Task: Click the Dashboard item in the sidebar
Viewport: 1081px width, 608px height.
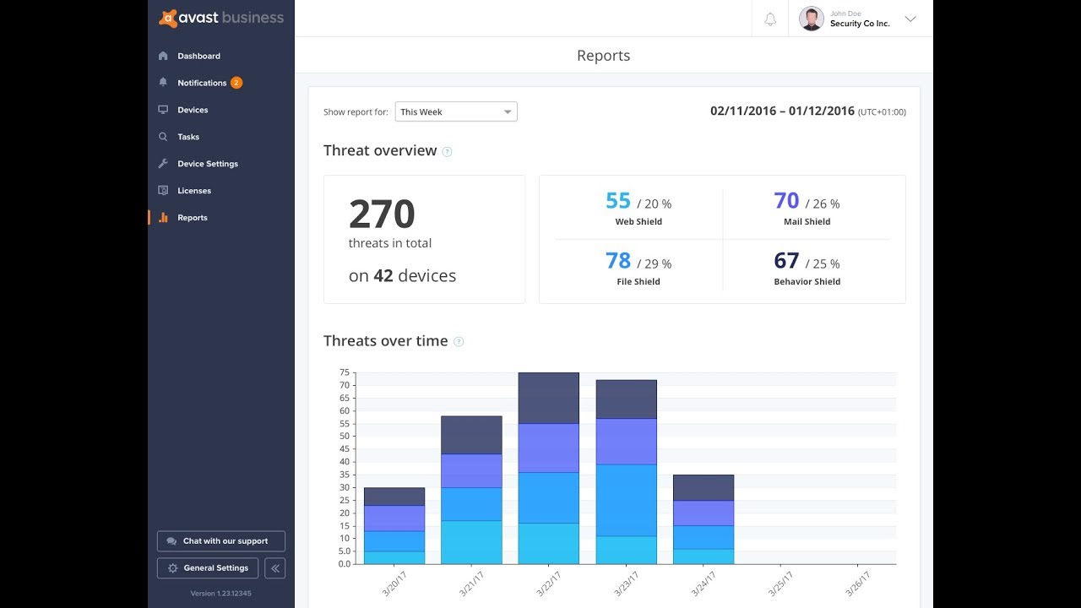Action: tap(198, 56)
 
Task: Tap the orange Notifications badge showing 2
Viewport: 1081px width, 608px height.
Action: tap(236, 83)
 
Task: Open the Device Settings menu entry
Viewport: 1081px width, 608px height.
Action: tap(207, 164)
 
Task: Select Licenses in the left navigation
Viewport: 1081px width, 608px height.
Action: tap(193, 191)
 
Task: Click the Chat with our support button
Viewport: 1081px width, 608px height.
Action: tap(221, 541)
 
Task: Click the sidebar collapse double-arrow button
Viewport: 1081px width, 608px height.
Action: tap(274, 568)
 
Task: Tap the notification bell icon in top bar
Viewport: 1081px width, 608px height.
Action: tap(770, 19)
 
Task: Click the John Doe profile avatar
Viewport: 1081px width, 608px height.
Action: tap(811, 19)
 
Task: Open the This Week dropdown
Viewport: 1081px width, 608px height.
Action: tap(456, 111)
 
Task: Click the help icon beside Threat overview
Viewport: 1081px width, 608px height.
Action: tap(448, 152)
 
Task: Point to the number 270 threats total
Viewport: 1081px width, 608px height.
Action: tap(382, 214)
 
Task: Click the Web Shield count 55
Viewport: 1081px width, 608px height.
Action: tap(618, 201)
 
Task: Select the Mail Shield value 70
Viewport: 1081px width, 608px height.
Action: tap(786, 201)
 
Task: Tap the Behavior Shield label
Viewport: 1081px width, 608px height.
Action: tap(807, 282)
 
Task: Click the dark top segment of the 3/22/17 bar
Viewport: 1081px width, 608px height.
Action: tap(548, 398)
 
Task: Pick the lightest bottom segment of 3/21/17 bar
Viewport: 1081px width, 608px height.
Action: tap(471, 542)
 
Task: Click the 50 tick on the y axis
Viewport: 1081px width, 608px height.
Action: tap(345, 437)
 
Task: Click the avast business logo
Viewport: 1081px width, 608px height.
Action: tap(221, 19)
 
